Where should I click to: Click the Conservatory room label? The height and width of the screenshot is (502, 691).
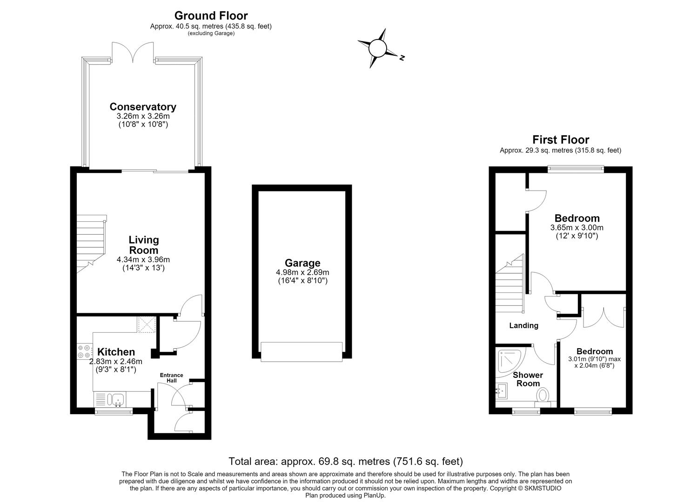coord(143,106)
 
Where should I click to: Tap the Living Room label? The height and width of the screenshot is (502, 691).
coord(143,245)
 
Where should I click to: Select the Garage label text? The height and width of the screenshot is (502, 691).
coord(302,263)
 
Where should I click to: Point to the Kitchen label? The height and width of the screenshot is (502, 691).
coord(116,351)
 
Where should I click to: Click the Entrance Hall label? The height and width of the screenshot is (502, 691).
coord(172,378)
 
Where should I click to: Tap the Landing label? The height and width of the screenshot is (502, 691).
coord(523,325)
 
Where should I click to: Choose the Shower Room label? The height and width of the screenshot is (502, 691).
coord(528,379)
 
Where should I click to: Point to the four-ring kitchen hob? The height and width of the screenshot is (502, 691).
coord(84,351)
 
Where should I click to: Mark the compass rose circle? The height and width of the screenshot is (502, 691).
coord(377,48)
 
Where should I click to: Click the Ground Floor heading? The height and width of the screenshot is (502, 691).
coord(211,16)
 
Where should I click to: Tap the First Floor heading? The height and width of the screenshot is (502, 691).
coord(561,140)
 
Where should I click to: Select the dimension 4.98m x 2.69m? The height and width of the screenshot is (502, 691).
coord(302,272)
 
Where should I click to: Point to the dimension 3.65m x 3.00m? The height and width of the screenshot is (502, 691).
coord(577,228)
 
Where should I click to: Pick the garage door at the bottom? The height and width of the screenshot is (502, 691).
coord(302,351)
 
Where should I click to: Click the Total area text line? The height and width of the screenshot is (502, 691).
coord(345,461)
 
